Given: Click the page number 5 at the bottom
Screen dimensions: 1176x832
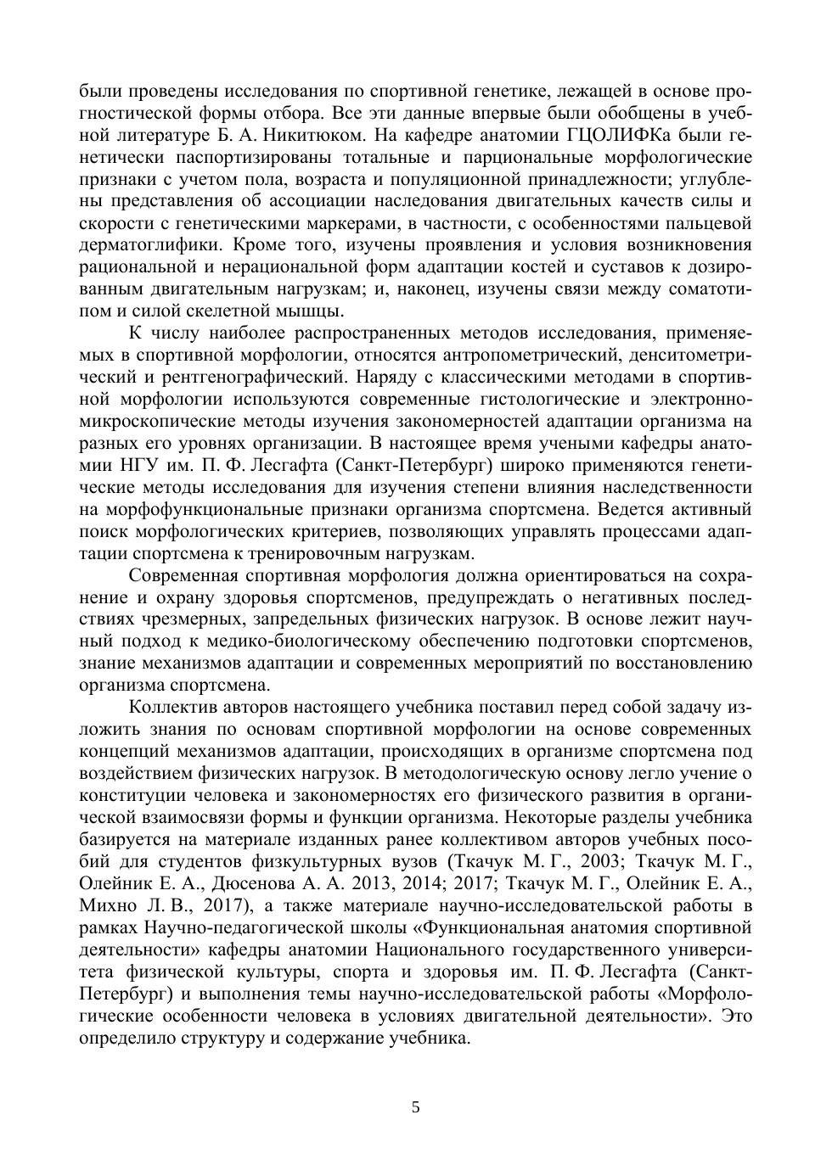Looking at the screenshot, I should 415,1107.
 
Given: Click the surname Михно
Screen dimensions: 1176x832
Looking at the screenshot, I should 108,905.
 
